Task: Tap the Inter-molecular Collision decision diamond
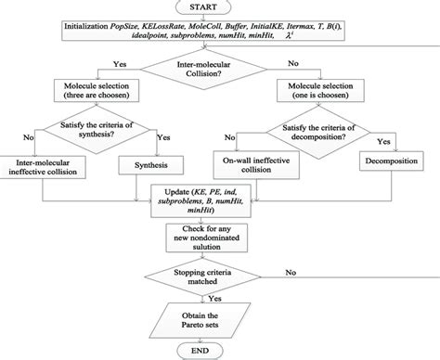coord(220,71)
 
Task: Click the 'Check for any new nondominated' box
coord(220,235)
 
